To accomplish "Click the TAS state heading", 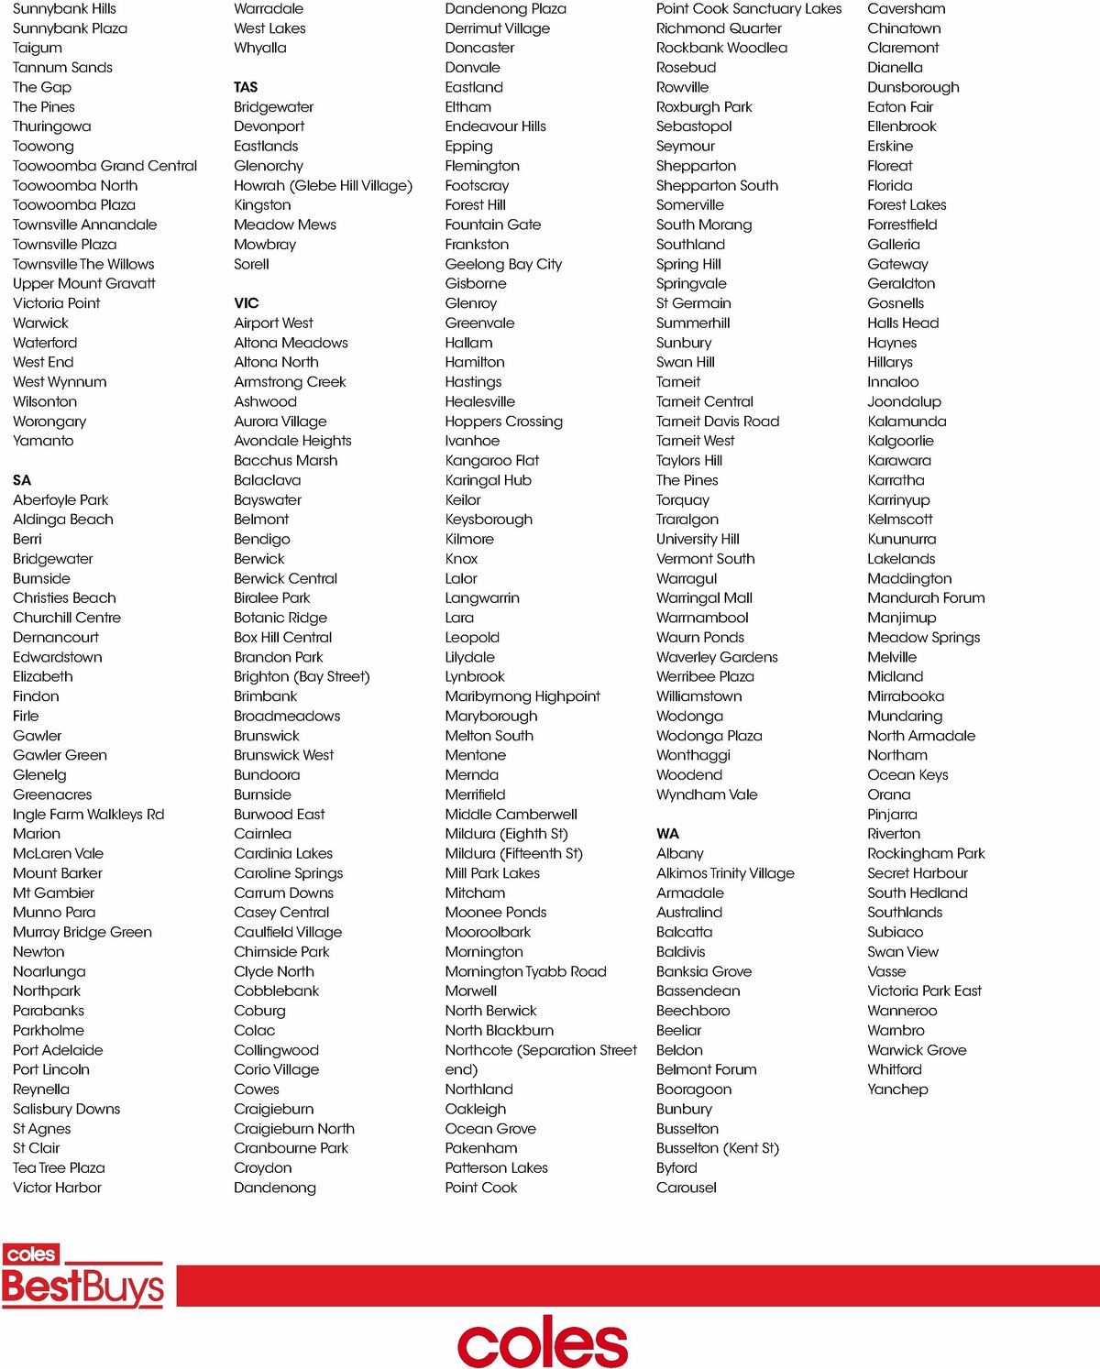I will click(x=246, y=87).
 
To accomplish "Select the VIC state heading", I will click(x=247, y=303).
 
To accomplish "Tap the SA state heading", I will click(x=22, y=480).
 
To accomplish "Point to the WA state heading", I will click(x=667, y=834).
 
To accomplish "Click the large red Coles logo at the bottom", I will click(x=543, y=1342).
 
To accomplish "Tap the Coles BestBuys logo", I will click(x=82, y=1276).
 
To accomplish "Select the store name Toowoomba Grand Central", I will click(x=104, y=166).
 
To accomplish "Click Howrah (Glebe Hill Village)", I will click(x=323, y=186).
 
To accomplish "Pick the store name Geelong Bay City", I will click(x=503, y=264).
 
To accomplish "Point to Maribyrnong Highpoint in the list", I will click(x=522, y=696).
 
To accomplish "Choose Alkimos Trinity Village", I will click(x=725, y=873).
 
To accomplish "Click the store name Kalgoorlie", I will click(x=900, y=441).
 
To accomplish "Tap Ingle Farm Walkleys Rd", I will click(x=88, y=815).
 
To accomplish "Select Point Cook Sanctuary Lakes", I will click(x=748, y=9).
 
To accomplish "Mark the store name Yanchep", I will click(x=897, y=1090).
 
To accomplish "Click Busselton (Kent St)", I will click(x=717, y=1148).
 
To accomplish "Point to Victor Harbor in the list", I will click(x=57, y=1188).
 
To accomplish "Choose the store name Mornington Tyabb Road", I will click(x=525, y=971).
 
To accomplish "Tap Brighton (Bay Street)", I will click(x=302, y=676).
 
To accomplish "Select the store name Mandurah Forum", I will click(x=926, y=598).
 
